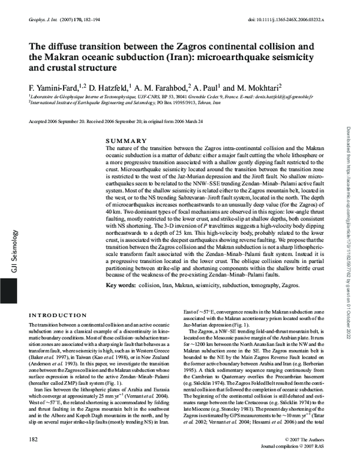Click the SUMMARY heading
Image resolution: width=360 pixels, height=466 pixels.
[126, 140]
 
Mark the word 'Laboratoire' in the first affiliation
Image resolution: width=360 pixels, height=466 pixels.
[42, 95]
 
